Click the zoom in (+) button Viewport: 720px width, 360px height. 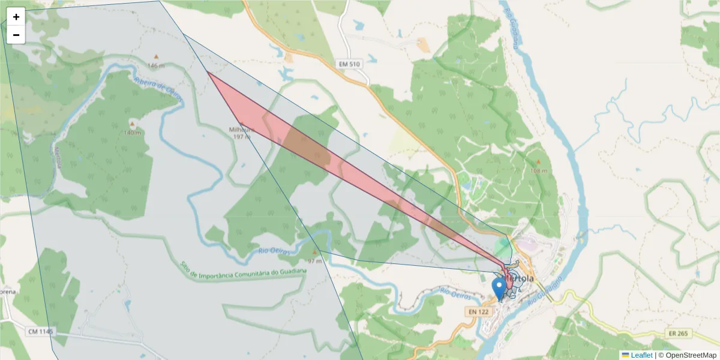(16, 17)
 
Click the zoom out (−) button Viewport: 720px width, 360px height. (16, 35)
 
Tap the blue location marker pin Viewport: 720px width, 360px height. (499, 288)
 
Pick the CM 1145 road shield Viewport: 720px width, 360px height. (40, 331)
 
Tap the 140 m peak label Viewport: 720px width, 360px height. (132, 132)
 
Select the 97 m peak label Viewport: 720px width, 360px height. (314, 261)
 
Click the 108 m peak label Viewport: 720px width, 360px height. (539, 170)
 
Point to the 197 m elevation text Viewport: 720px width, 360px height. (242, 137)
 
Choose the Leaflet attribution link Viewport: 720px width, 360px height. (641, 355)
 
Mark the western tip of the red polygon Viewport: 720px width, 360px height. (207, 72)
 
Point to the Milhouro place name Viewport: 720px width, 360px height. (242, 129)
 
